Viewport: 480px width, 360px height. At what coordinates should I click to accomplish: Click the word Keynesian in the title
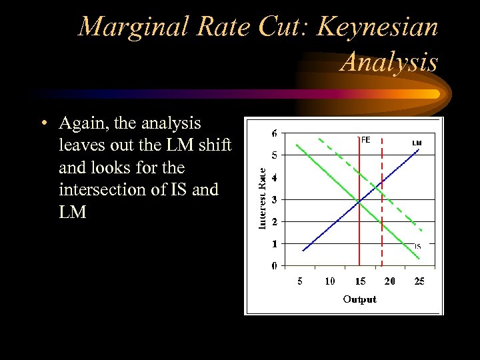377,27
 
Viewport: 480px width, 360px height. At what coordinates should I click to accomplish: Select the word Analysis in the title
389,62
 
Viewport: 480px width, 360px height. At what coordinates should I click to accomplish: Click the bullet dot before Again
43,124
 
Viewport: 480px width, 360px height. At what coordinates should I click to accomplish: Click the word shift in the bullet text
213,145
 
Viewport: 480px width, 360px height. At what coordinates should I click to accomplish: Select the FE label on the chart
365,140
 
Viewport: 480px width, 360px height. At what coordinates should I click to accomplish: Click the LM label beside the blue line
417,143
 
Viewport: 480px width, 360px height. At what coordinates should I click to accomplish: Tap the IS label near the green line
417,246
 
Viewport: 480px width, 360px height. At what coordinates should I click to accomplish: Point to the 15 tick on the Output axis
359,281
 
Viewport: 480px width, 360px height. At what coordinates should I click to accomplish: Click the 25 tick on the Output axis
419,281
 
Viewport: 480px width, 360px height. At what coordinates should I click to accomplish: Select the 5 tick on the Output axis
300,281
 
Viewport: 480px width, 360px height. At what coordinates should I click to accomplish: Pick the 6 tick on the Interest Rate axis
275,133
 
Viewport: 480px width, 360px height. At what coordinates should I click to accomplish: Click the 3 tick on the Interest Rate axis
275,199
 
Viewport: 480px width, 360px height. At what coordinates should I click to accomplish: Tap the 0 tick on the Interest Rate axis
275,265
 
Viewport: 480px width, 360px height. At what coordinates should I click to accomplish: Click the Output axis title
359,299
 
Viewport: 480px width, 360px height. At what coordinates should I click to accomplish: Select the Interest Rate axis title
262,198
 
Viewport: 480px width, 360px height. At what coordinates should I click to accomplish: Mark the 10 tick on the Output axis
329,281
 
